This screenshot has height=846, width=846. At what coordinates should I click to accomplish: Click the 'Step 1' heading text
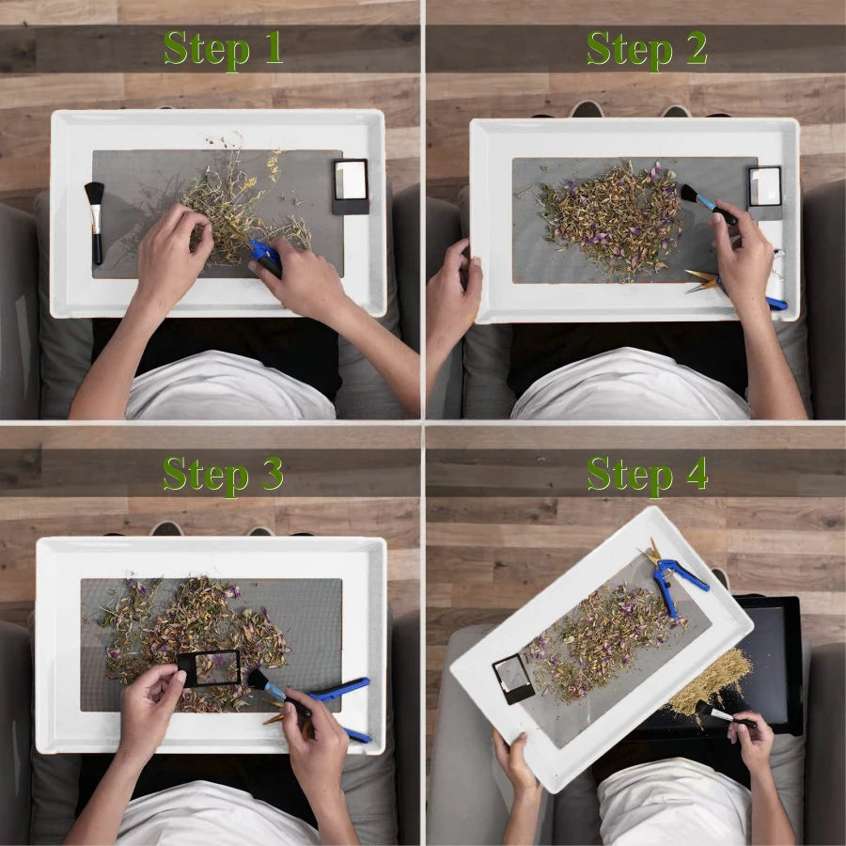224,49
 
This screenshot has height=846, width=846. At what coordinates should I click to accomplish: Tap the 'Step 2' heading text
647,49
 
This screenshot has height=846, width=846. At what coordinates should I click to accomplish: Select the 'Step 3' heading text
223,475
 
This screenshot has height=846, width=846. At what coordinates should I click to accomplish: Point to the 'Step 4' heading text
647,475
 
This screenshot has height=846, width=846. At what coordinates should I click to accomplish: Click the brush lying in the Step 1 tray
96,222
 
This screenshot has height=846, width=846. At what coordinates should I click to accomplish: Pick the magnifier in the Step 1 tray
351,186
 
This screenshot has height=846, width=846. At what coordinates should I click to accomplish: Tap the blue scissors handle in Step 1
265,257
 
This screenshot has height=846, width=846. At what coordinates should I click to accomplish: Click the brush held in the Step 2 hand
708,204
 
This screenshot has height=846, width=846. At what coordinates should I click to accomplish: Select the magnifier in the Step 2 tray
765,192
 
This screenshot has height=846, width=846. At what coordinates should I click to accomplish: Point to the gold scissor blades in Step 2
702,280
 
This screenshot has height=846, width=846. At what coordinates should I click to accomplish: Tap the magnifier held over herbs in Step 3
210,668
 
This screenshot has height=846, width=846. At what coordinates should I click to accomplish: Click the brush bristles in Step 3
258,680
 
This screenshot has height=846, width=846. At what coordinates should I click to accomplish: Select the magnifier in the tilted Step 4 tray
512,679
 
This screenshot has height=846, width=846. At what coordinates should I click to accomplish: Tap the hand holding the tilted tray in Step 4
516,761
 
